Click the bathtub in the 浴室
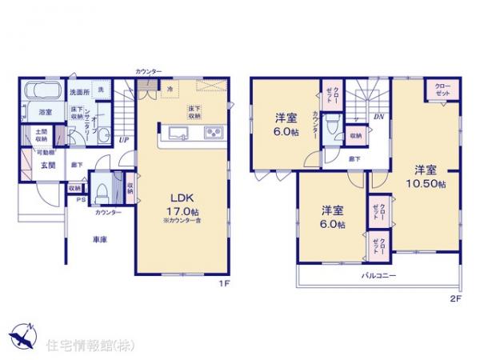pos(37,91)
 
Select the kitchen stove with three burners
pos(214,132)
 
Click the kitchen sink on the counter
pos(177,132)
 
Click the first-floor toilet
pos(102,193)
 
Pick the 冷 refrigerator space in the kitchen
pos(170,88)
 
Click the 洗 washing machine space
pos(100,90)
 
